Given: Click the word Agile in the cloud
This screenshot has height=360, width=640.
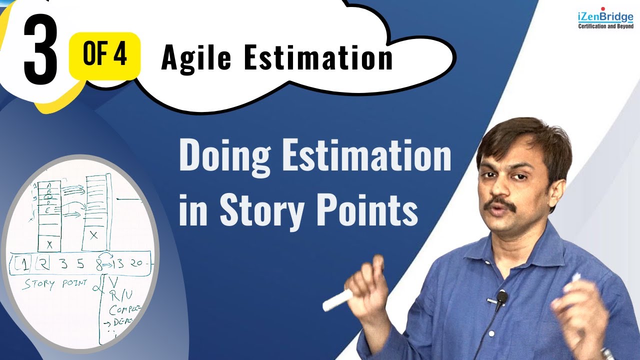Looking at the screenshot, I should tap(196, 58).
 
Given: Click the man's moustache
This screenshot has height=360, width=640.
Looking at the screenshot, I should tap(502, 203).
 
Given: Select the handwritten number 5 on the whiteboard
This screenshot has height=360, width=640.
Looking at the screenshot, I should tap(80, 264).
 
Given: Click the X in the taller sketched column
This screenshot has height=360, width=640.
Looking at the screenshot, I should tap(93, 235).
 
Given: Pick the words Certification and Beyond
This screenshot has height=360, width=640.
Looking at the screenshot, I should tap(605, 26).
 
